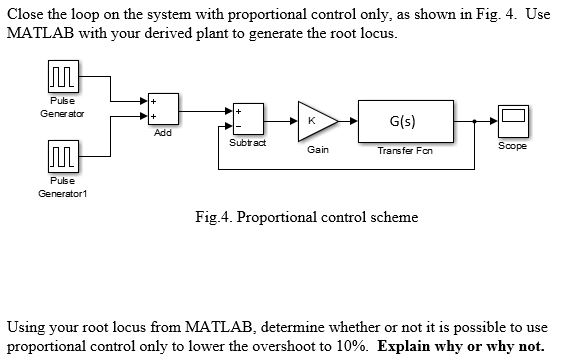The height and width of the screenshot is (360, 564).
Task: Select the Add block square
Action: click(x=163, y=110)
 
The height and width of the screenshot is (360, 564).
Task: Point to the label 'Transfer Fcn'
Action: click(x=404, y=151)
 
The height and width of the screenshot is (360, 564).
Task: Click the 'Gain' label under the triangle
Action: click(x=319, y=150)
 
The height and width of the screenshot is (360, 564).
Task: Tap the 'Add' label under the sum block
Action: click(x=163, y=135)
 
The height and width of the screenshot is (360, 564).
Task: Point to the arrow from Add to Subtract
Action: click(x=205, y=111)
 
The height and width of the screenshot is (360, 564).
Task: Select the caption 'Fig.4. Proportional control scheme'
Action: click(x=313, y=217)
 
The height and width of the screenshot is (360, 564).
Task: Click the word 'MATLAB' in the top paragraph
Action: click(x=40, y=34)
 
